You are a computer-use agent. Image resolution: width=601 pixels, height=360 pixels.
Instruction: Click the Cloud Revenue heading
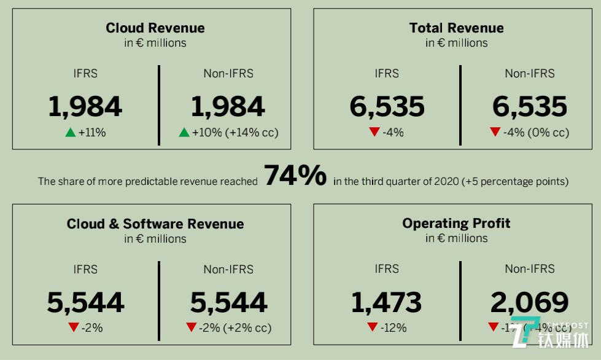coord(155,28)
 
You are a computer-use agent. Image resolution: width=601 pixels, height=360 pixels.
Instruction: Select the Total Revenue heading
coord(456,28)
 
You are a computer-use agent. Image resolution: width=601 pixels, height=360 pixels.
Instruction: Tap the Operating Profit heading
coord(456,223)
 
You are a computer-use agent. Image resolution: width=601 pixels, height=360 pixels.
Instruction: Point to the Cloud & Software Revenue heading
coord(155,224)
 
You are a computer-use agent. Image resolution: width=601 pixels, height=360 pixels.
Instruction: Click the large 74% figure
coord(295,176)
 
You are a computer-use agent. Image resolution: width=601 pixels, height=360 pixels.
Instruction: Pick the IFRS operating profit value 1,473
coord(386,302)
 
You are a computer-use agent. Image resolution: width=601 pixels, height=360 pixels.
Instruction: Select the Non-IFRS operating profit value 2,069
coord(529,302)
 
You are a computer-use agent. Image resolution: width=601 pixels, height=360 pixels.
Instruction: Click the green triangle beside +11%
coord(70,132)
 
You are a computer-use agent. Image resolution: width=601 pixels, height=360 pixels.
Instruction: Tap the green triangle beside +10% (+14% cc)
coord(184,132)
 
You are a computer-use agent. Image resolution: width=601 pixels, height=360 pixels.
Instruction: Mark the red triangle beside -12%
coord(373,327)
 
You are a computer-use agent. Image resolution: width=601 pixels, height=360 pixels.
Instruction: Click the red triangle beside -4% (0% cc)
coord(495,132)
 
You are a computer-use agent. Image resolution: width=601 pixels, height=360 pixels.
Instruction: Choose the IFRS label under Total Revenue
coord(387,74)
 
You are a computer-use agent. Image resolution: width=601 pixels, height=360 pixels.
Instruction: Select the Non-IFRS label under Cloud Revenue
coord(228,74)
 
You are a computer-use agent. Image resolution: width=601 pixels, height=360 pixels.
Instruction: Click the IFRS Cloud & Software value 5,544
coord(85,302)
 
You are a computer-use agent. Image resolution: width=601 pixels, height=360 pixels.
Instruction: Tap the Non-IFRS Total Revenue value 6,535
coord(529,107)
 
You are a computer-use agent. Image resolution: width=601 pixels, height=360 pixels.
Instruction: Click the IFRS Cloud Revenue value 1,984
coord(85,107)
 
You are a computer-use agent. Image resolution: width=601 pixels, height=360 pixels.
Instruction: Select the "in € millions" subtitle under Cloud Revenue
coord(155,43)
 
